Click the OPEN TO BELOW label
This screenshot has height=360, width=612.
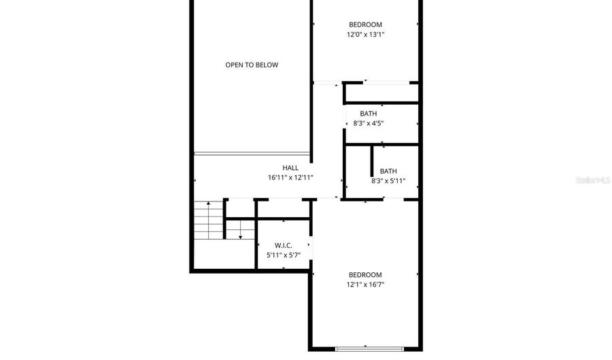pos(252,65)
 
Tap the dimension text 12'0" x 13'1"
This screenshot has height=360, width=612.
pos(365,34)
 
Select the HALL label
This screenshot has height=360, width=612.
pos(290,168)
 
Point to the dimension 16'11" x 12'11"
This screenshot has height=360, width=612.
pos(290,178)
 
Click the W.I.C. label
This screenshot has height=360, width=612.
pos(284,246)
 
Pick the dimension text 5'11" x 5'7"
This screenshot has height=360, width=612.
pos(284,255)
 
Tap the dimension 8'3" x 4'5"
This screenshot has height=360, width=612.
pos(369,123)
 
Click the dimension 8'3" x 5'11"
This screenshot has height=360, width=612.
pos(388,181)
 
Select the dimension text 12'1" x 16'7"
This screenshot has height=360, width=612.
pos(365,284)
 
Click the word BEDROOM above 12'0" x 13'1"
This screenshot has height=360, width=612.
pos(365,24)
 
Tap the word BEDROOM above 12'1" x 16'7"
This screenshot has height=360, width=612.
pos(365,275)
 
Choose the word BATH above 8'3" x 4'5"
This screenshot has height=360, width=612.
pos(369,114)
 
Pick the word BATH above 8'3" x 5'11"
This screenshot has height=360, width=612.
pos(388,171)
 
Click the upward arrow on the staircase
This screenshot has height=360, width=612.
pos(209,220)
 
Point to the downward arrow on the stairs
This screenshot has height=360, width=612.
pos(241,230)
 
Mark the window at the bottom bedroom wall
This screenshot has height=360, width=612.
pos(369,348)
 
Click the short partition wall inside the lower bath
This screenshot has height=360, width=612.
pos(372,161)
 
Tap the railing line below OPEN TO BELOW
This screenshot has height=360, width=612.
pos(252,153)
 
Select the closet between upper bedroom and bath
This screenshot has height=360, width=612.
pos(381,93)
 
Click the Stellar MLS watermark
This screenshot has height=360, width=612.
pos(593,180)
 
